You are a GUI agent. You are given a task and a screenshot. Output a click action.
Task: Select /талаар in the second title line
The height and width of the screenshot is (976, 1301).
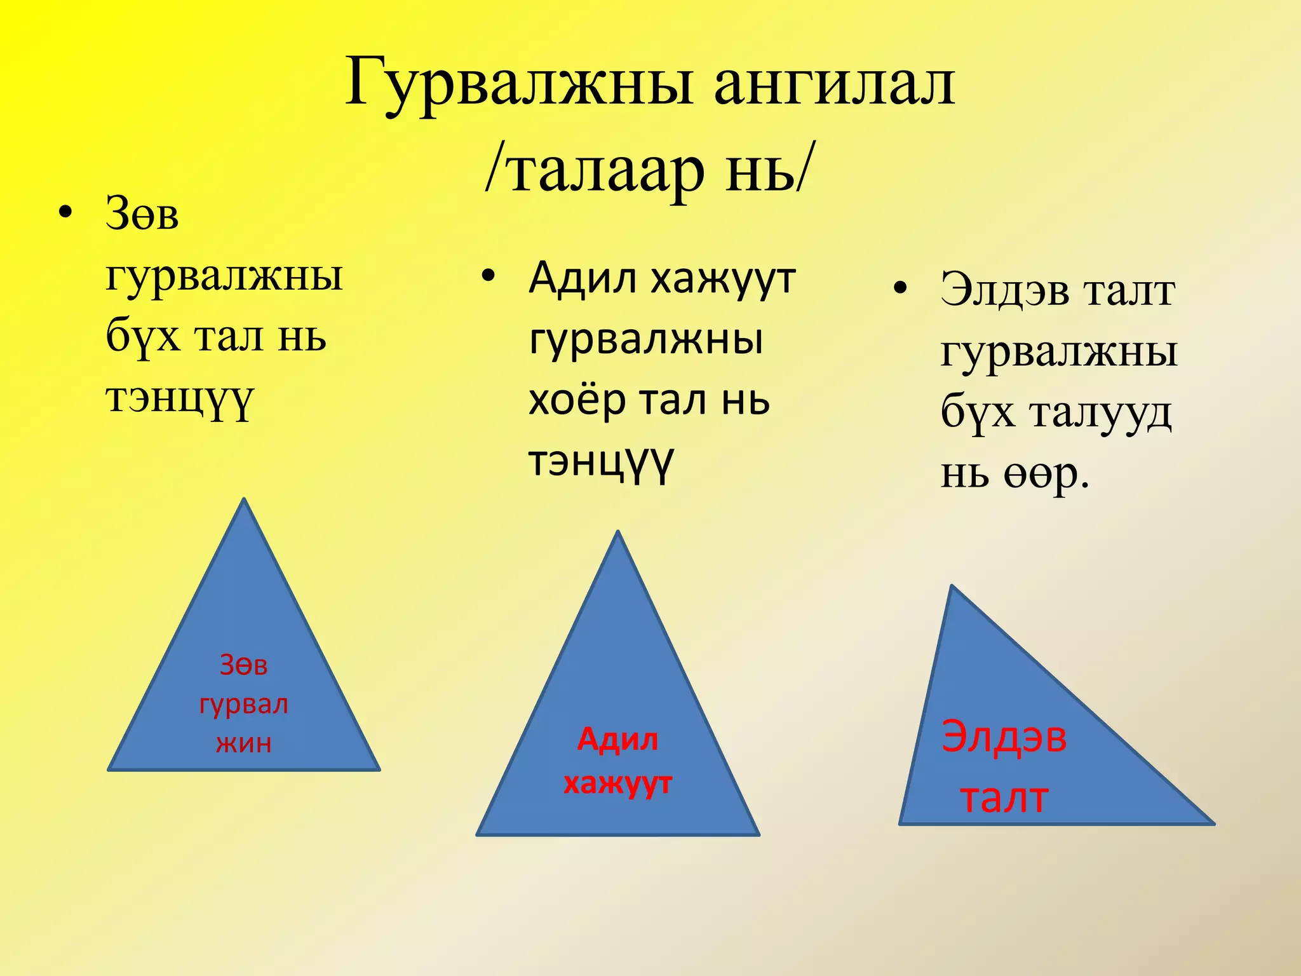(x=594, y=170)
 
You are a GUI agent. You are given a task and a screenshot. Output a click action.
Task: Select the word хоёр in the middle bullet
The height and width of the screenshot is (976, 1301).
(x=577, y=400)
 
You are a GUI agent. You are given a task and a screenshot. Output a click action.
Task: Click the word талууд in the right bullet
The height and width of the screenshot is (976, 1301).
(x=1101, y=413)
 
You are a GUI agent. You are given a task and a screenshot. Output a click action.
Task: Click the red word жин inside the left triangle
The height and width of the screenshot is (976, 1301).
(x=244, y=743)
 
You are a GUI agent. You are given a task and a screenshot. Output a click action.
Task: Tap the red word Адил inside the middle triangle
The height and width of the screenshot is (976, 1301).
(x=617, y=740)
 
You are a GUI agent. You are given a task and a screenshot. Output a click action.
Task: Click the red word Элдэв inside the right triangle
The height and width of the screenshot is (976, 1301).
(x=1004, y=737)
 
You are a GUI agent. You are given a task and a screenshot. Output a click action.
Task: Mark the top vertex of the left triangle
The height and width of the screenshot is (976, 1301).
(x=244, y=499)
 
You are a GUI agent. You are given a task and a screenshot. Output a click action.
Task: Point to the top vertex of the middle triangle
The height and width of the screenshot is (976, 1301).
(x=618, y=532)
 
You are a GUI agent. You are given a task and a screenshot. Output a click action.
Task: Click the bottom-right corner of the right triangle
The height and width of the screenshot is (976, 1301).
(x=1213, y=823)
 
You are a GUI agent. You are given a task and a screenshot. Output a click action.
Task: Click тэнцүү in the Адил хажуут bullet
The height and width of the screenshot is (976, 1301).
(x=600, y=463)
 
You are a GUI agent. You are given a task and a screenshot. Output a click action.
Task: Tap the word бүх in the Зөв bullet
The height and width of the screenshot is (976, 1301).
(x=143, y=336)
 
